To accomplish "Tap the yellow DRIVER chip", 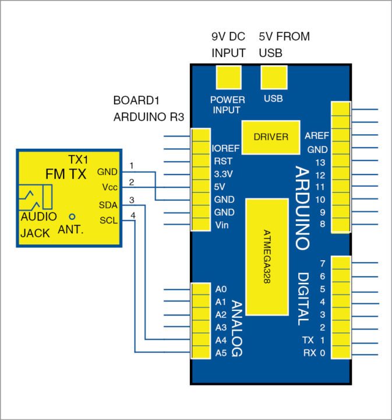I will coord(271,137).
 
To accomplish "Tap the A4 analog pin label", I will coord(220,340).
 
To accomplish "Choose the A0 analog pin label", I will coord(220,289).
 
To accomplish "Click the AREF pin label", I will coord(317,135).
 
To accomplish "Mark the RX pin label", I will coord(309,353).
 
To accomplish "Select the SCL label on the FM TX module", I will coord(108,220).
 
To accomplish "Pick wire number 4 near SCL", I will coord(133,216).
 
